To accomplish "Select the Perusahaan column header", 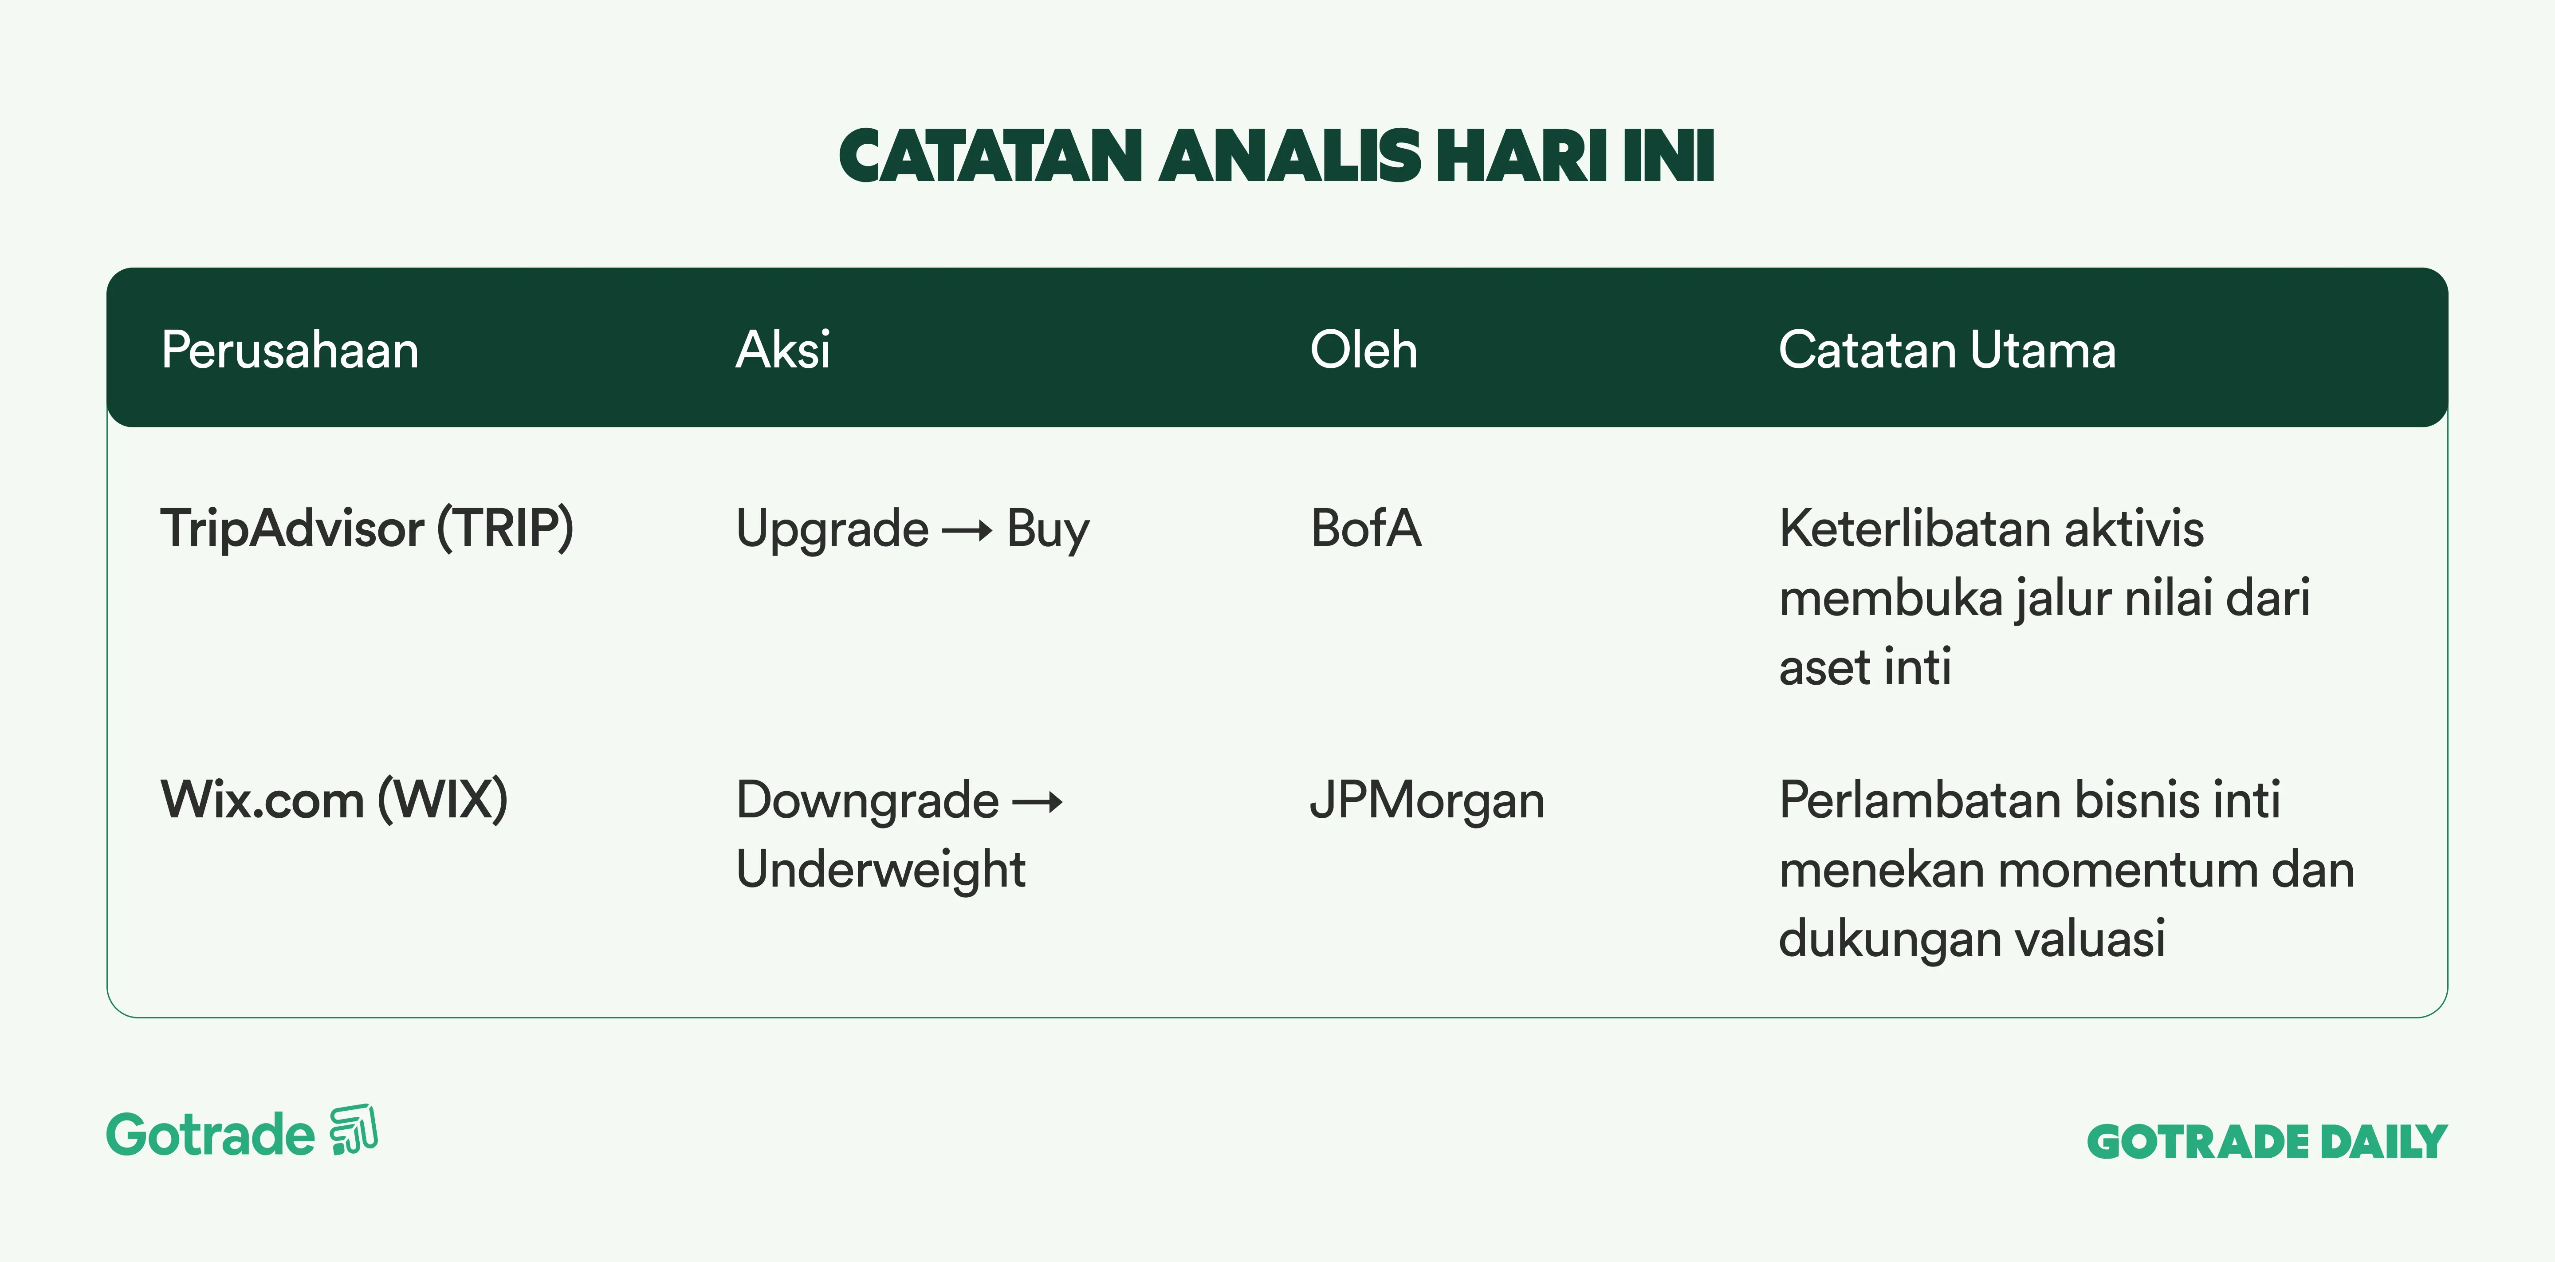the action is point(290,350).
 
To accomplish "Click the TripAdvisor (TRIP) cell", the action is point(367,528).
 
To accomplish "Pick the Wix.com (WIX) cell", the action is point(334,800).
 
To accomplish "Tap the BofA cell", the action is point(1366,528).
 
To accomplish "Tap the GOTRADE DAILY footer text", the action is point(2268,1142).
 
